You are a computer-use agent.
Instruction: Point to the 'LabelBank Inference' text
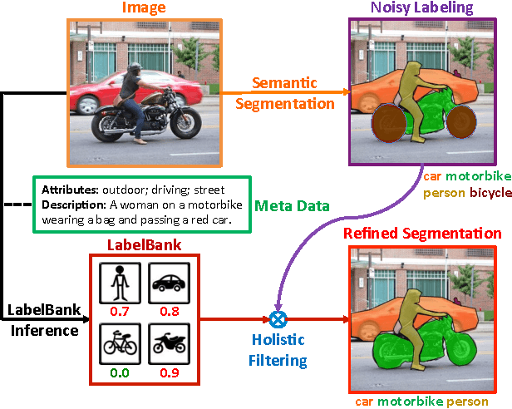[x=43, y=320]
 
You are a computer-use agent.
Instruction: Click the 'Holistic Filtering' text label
[x=279, y=350]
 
